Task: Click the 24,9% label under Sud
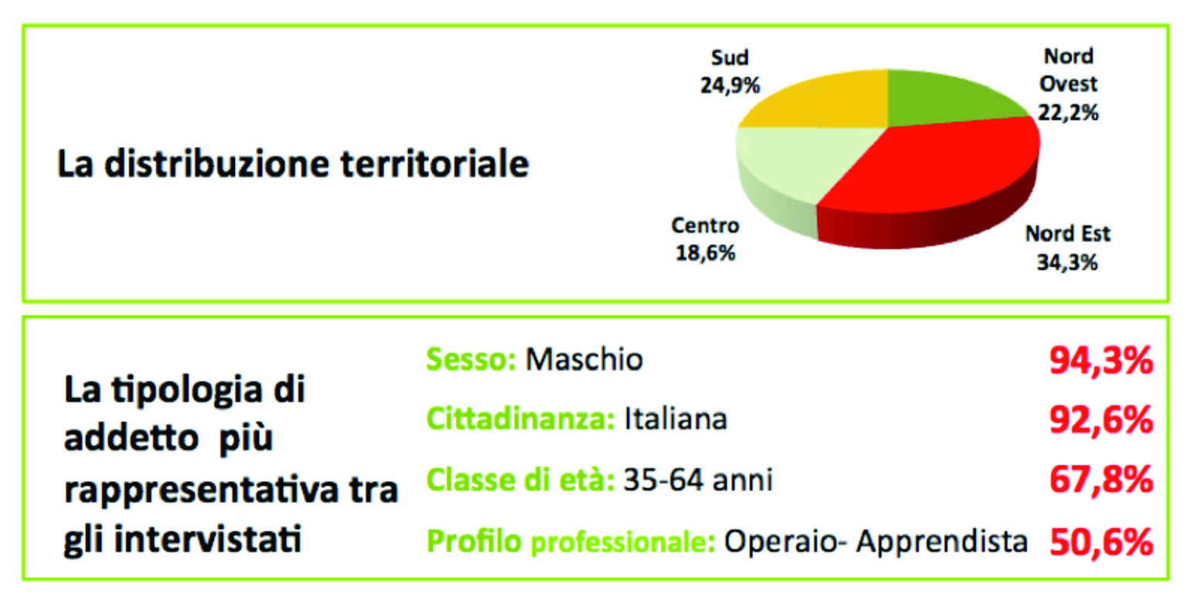point(730,86)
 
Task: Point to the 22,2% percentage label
point(1069,113)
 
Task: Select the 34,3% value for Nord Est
point(1067,262)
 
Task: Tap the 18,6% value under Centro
point(705,253)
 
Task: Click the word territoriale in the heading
point(435,164)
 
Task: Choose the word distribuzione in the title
point(217,164)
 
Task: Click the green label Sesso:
point(471,359)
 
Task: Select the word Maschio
point(585,359)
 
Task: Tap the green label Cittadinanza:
point(520,418)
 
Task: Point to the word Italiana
point(676,418)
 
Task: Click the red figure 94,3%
point(1101,361)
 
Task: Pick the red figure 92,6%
point(1101,421)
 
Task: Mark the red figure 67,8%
point(1101,480)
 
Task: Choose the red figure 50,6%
point(1101,542)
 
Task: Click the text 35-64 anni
point(698,480)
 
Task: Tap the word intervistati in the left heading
point(208,539)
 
